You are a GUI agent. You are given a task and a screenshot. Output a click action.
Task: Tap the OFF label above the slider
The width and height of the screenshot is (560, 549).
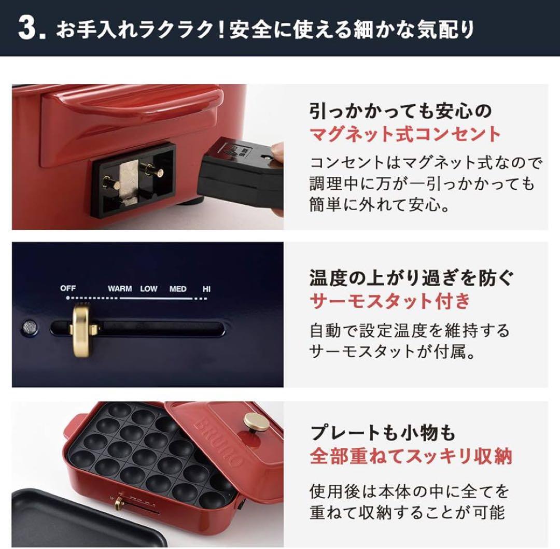[x=68, y=288]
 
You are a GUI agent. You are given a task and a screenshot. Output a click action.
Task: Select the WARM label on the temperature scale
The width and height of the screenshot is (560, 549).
[x=120, y=289]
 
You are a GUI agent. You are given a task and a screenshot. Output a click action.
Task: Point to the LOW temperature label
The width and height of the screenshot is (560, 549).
[x=149, y=289]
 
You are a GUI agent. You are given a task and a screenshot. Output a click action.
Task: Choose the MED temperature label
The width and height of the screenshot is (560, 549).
[x=178, y=289]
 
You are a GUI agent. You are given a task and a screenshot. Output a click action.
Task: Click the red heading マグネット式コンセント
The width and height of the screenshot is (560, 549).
[x=405, y=135]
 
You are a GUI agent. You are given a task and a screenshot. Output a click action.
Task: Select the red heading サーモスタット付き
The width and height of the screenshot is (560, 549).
[x=389, y=300]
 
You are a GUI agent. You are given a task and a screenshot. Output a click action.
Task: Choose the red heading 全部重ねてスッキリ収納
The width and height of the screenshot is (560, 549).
[x=411, y=456]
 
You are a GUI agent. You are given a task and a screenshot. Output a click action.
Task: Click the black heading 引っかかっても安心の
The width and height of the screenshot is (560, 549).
[x=400, y=110]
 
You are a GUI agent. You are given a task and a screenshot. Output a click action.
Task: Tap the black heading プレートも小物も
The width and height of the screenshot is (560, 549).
[x=383, y=432]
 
